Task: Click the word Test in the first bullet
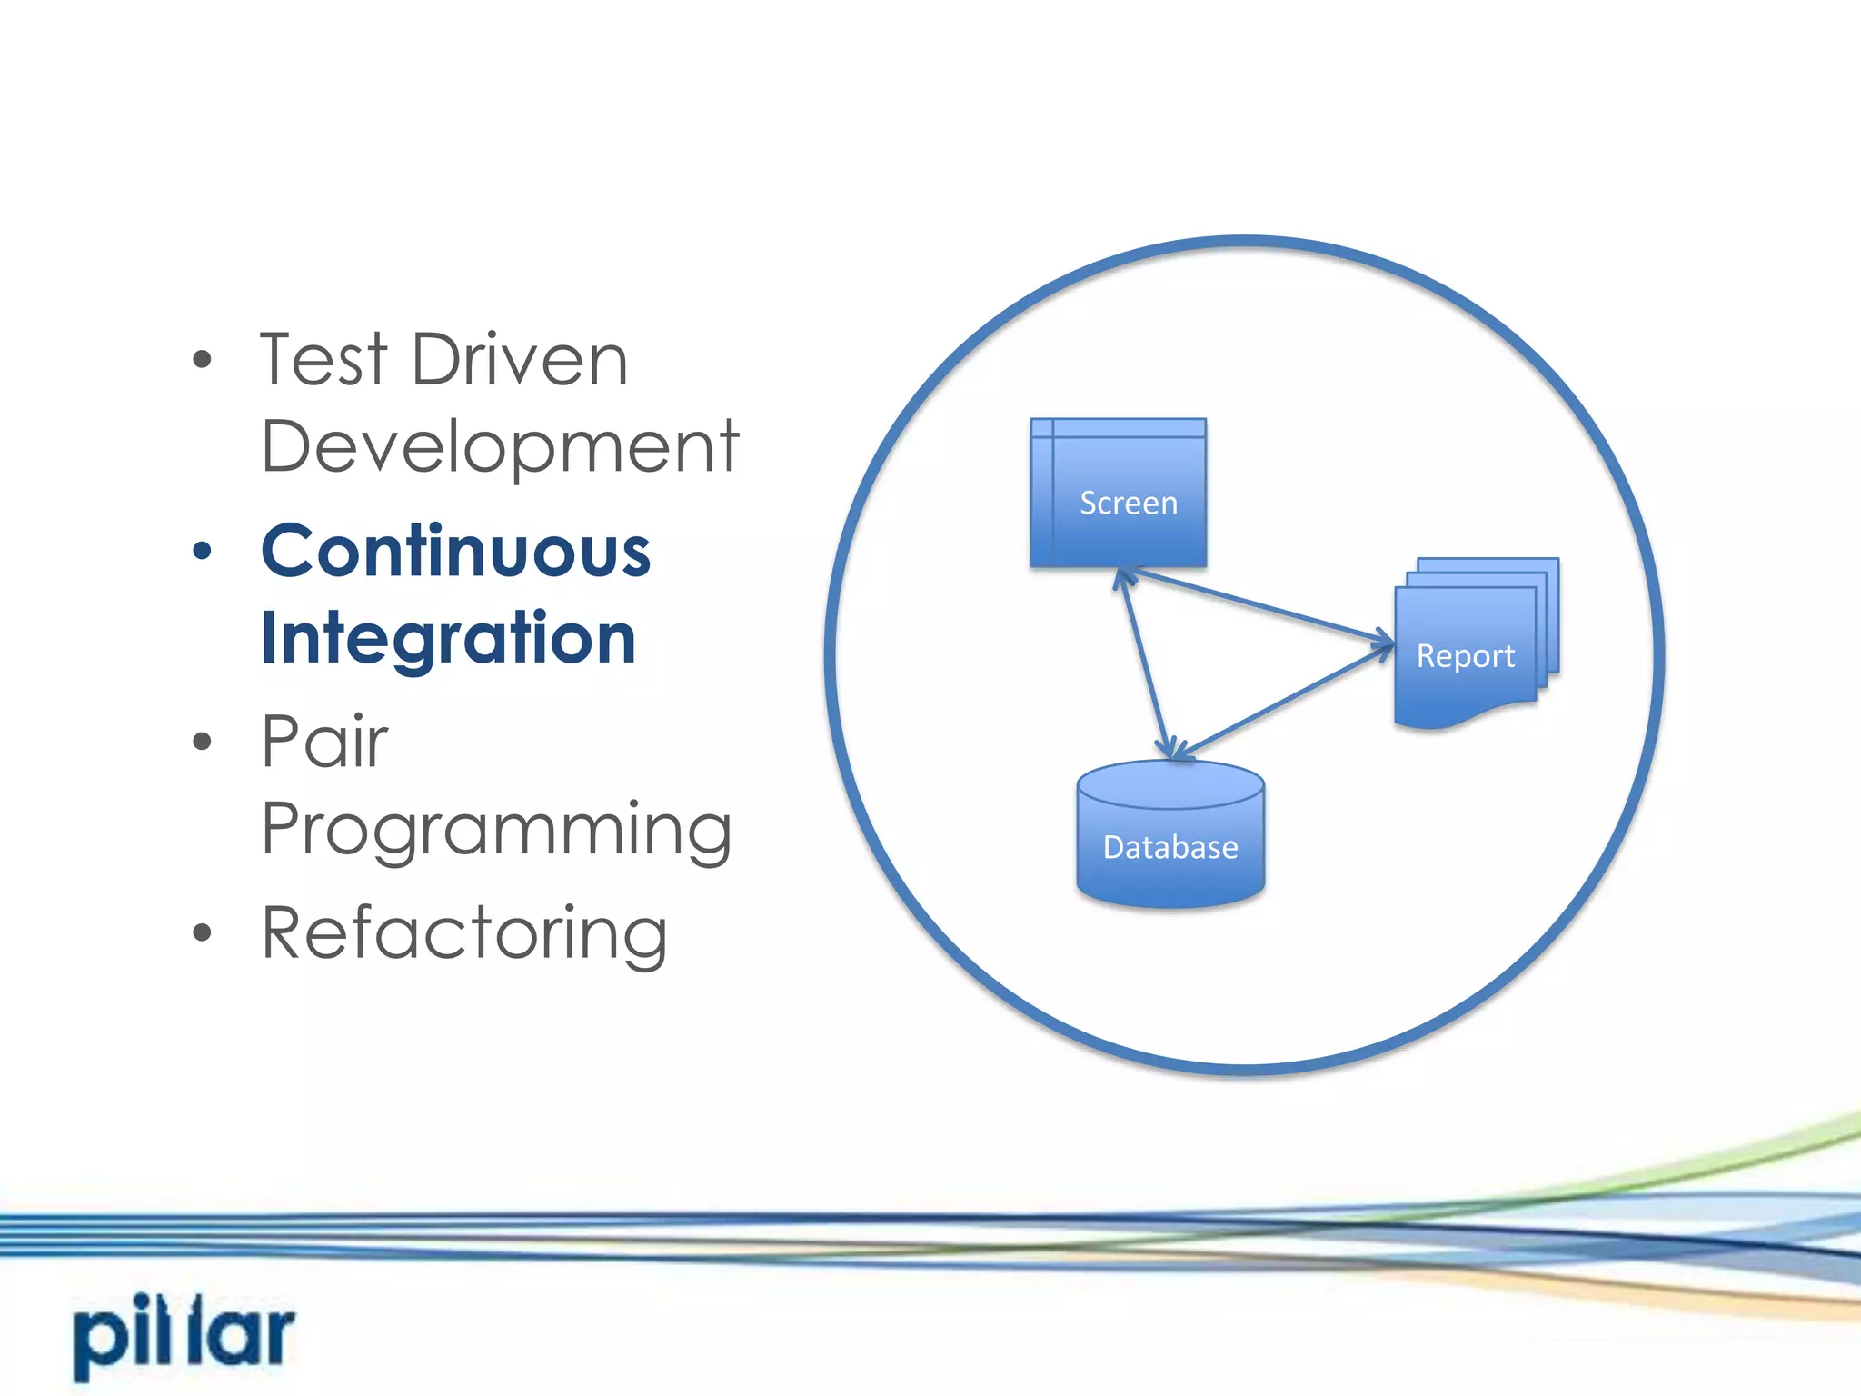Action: pyautogui.click(x=323, y=360)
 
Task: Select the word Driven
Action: pyautogui.click(x=520, y=360)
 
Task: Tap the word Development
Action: pyautogui.click(x=500, y=447)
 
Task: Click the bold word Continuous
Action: pyautogui.click(x=456, y=552)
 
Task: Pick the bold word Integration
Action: pyautogui.click(x=448, y=639)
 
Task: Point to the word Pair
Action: pyautogui.click(x=324, y=742)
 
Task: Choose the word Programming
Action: pyautogui.click(x=496, y=830)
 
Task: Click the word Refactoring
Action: pyautogui.click(x=464, y=933)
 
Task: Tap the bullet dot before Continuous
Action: pyautogui.click(x=202, y=551)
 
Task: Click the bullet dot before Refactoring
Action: pyautogui.click(x=202, y=932)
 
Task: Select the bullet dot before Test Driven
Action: pyautogui.click(x=202, y=359)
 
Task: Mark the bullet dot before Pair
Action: pyautogui.click(x=202, y=742)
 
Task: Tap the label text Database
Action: pyautogui.click(x=1170, y=848)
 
